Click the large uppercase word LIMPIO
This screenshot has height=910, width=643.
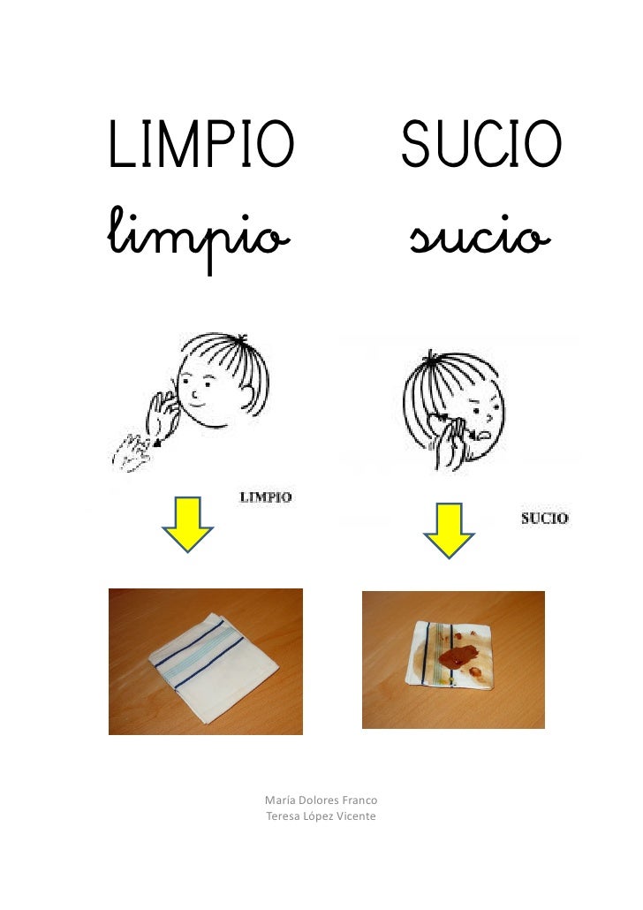[201, 144]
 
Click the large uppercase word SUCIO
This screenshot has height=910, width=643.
[481, 143]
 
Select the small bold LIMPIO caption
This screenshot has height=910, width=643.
[266, 497]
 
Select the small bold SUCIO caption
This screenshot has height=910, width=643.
[544, 519]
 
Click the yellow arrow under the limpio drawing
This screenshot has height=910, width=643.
[187, 524]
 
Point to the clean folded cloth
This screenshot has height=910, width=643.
[213, 666]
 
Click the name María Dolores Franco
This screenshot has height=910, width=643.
[321, 800]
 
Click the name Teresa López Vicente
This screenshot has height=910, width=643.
[321, 816]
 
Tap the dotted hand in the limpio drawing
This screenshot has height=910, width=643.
[131, 452]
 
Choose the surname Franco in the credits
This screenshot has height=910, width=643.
[359, 800]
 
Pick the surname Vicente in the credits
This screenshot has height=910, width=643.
[356, 816]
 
